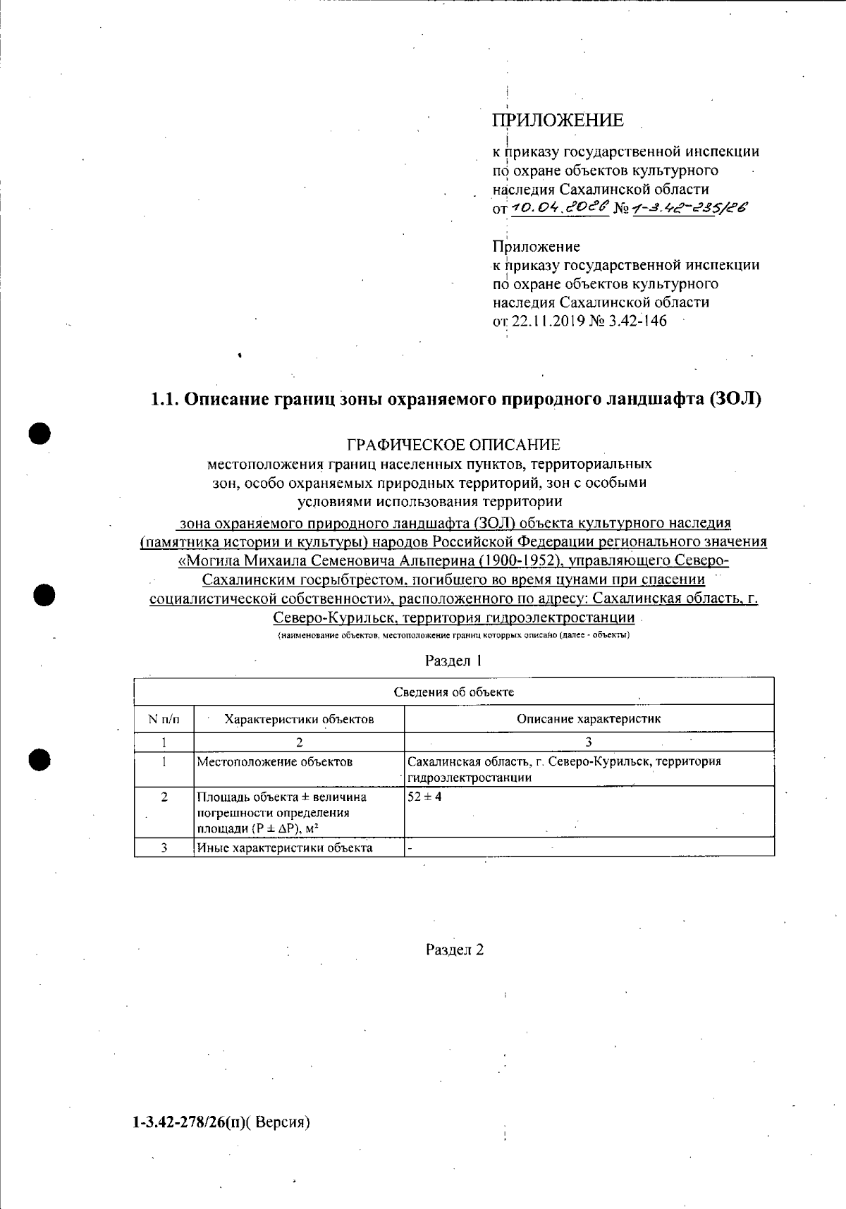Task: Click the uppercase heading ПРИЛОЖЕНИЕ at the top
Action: [558, 121]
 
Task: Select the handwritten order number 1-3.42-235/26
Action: [690, 207]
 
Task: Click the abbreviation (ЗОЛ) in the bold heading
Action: [736, 399]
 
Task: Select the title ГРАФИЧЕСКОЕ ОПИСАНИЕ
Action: [454, 445]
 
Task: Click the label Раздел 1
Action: [454, 661]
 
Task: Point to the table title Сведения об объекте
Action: [454, 692]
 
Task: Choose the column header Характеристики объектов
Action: [299, 719]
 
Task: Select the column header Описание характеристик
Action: [589, 719]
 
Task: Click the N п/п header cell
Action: [164, 719]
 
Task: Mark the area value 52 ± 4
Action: [424, 797]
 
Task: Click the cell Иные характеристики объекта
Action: [284, 847]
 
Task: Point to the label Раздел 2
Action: [455, 950]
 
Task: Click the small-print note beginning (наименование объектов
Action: [454, 635]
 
